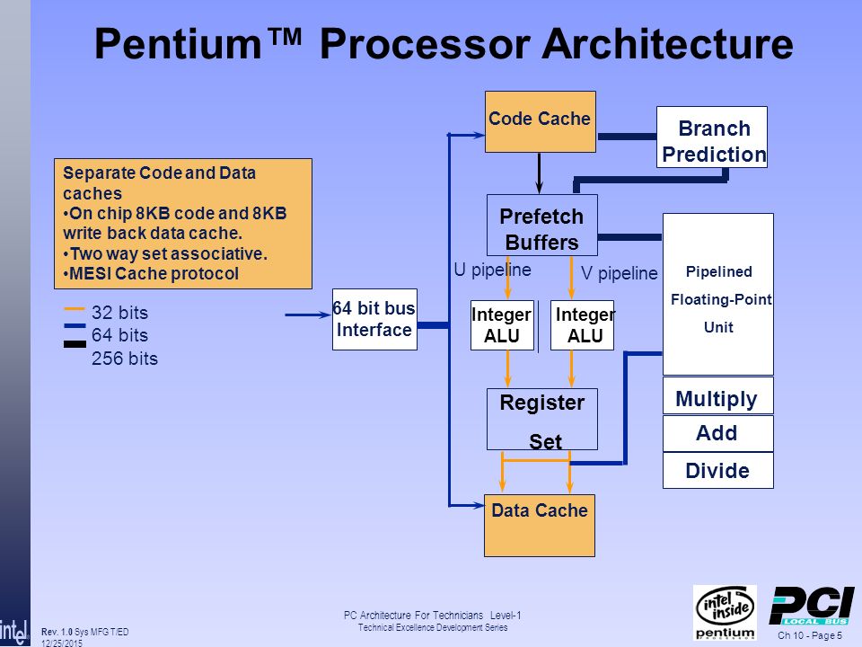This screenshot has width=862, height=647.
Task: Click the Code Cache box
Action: click(541, 121)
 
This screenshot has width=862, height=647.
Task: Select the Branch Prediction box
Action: click(712, 137)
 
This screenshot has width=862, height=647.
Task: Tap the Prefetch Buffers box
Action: click(542, 225)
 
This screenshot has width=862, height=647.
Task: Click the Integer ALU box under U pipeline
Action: click(503, 325)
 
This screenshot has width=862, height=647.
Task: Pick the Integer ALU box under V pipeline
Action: click(582, 325)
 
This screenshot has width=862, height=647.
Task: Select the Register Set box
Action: click(542, 420)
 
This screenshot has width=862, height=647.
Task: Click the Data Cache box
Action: click(540, 526)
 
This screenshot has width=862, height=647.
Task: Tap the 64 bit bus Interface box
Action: click(375, 319)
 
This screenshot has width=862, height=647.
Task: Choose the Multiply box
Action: click(718, 395)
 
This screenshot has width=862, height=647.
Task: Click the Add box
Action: click(718, 433)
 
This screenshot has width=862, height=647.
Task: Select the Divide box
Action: click(718, 470)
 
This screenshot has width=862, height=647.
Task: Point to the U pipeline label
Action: click(492, 270)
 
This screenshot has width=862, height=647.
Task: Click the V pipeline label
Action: click(619, 273)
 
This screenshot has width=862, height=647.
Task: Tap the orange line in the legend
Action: click(75, 309)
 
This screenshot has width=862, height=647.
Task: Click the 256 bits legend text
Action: click(125, 359)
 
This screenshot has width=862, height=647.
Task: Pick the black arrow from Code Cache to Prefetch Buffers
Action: click(540, 173)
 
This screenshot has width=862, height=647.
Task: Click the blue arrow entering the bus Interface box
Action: click(308, 315)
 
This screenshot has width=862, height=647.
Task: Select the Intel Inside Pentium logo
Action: click(726, 612)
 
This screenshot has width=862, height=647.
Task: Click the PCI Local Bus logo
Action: click(811, 605)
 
